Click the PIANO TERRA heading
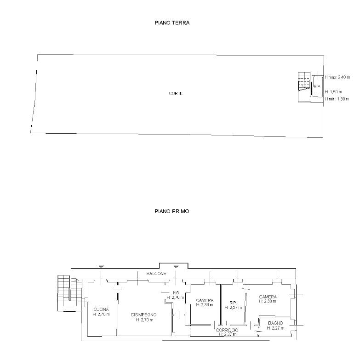172,23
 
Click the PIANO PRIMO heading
172,211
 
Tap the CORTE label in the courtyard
176,94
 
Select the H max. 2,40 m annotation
337,77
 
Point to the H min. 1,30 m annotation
337,99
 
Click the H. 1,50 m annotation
333,92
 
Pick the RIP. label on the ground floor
317,86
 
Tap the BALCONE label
156,274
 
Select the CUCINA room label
101,309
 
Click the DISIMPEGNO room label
144,315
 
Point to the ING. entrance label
176,293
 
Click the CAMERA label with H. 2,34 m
205,300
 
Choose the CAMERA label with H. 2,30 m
268,297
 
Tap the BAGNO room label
275,323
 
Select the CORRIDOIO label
227,330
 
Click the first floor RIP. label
233,303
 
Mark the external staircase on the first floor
70,291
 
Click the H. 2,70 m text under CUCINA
101,314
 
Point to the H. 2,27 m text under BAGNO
275,328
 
